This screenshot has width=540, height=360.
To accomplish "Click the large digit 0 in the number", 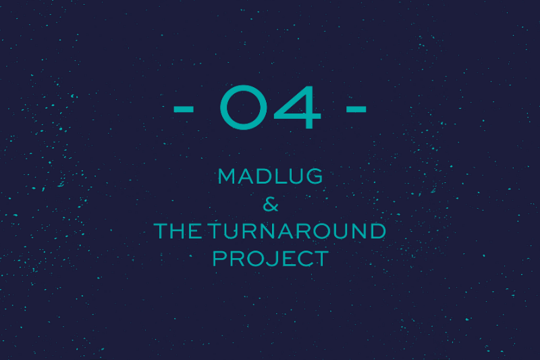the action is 221,107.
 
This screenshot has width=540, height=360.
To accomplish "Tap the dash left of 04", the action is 184,109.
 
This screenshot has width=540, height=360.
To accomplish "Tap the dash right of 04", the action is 356,109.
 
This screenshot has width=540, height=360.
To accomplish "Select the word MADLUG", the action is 271,176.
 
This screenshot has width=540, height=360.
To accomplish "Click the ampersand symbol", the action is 271,204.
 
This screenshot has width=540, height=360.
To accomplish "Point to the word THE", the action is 178,231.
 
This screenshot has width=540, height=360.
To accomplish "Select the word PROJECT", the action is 271,259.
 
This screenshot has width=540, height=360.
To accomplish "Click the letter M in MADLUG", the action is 226,176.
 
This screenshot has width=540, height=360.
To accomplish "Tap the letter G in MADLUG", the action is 315,176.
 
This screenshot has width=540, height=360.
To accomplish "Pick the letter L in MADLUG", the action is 279,176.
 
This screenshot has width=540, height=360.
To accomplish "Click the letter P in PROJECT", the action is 219,259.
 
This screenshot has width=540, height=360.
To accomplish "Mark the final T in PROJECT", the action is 321,259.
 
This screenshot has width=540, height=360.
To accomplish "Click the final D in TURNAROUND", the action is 378,231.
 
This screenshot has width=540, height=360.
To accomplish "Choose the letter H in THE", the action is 178,231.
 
